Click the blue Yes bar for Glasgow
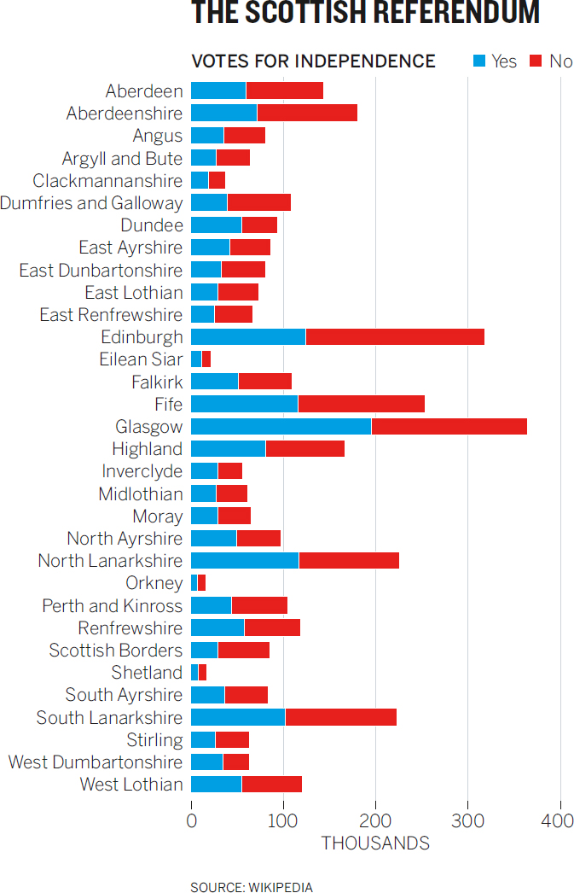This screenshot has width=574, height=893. pos(281,427)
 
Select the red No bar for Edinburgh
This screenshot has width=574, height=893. pos(396,337)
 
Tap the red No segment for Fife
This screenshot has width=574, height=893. pos(362,404)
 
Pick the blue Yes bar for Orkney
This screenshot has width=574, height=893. pos(194,582)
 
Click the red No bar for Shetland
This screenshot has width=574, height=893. pos(202,672)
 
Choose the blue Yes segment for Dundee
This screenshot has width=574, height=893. pos(217,225)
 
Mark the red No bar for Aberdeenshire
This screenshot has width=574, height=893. pos(307,114)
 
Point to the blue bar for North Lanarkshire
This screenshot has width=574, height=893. pos(245,560)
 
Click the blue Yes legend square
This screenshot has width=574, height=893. pos(479,61)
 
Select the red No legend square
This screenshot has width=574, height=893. pos(536,61)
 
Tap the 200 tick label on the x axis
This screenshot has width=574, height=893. pos(375,820)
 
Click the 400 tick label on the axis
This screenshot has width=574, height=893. pos(558,820)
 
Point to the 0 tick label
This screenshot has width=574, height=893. pos(192,820)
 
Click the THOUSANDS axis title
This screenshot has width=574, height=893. pos(375,843)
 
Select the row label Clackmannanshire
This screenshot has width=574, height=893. pos(107,180)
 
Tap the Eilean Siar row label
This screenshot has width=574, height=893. pos(141,359)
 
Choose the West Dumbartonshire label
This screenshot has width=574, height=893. pos(96,762)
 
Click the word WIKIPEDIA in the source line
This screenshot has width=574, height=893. pos(281,887)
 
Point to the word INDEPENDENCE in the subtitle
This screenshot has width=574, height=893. pos(365,61)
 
